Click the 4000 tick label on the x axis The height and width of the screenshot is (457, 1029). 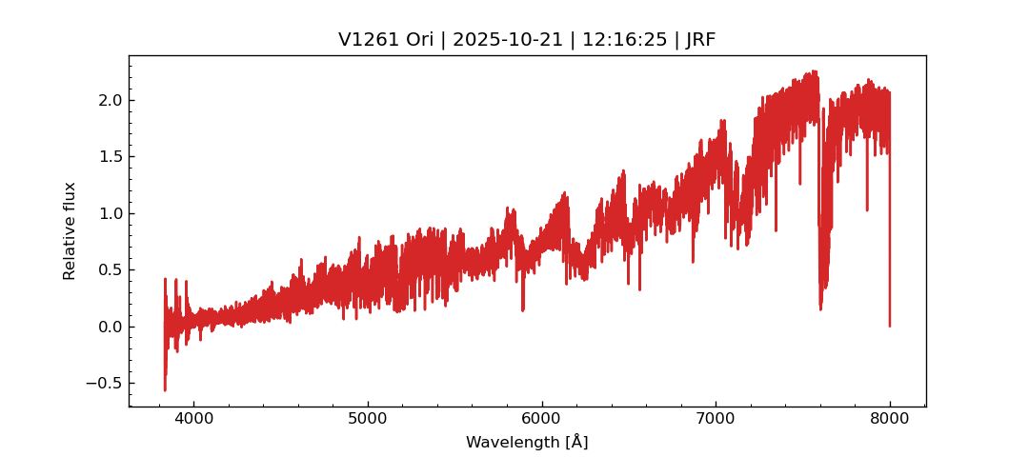click(x=193, y=419)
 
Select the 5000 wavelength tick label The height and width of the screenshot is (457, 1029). click(x=368, y=419)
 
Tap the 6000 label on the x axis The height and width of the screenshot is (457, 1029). click(x=541, y=419)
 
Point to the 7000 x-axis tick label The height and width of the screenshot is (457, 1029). click(x=716, y=419)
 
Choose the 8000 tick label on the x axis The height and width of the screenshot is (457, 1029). click(x=889, y=419)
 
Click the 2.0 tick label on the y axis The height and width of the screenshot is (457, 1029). click(x=109, y=100)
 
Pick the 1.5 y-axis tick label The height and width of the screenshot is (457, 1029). click(x=109, y=156)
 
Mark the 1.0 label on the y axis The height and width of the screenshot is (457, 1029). click(x=109, y=213)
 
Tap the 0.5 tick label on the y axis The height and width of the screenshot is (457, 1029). click(x=109, y=269)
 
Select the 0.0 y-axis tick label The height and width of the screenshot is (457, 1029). click(x=109, y=327)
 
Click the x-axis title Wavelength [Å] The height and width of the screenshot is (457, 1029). click(x=527, y=442)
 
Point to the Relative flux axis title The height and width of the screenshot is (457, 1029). click(x=70, y=230)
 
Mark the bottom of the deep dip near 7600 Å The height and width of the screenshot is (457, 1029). click(x=820, y=308)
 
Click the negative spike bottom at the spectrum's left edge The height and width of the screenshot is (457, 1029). click(x=165, y=390)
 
